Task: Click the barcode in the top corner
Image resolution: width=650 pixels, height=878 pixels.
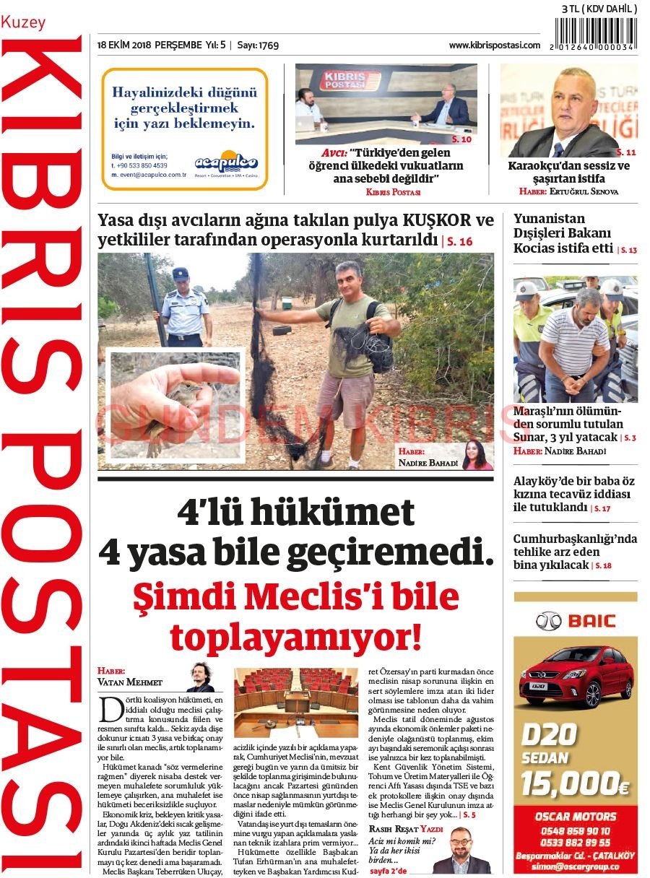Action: pos(597,33)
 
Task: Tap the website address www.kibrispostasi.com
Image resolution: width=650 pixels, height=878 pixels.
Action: pos(494,45)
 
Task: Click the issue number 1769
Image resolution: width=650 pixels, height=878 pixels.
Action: pos(268,45)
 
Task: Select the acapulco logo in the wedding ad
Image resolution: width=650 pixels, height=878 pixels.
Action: pos(226,163)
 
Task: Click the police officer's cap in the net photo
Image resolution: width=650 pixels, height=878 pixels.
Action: pos(180,274)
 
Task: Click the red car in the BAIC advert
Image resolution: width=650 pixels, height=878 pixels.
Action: pos(576,674)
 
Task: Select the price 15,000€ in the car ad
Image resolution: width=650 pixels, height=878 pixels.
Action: pos(576,782)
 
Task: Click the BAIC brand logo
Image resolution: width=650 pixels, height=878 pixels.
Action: pos(576,620)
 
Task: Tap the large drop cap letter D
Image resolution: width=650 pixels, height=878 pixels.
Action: pos(111,710)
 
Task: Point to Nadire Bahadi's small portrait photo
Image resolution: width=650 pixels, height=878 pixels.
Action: pos(477,455)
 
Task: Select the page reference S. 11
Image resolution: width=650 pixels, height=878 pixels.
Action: pos(626,152)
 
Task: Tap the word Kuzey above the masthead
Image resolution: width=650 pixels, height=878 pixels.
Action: pos(23,22)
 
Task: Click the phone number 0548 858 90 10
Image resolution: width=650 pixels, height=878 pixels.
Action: pos(576,831)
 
